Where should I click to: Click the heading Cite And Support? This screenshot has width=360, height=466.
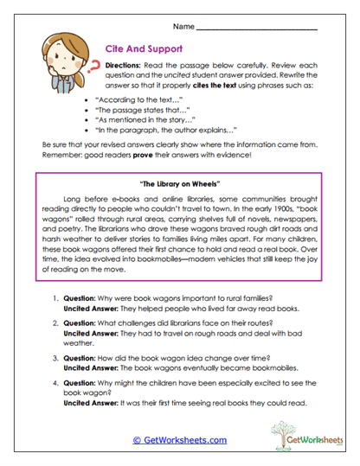click(x=142, y=50)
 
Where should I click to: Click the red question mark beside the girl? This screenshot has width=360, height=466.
click(x=87, y=67)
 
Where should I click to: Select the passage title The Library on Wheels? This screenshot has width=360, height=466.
click(x=180, y=183)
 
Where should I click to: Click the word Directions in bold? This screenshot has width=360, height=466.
click(x=125, y=66)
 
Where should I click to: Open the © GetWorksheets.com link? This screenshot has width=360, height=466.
click(x=179, y=440)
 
